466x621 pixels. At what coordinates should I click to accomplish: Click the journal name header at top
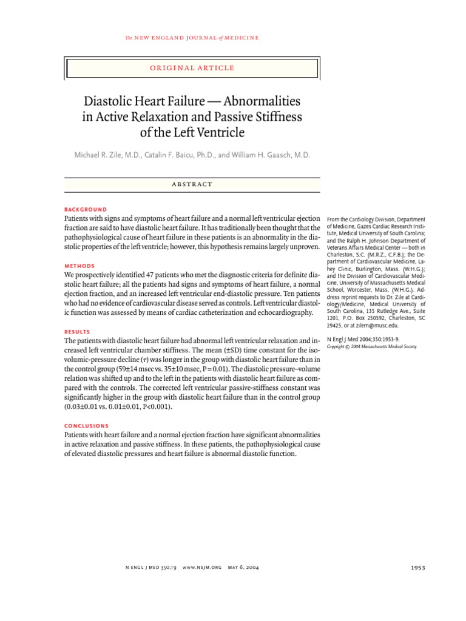[x=192, y=38]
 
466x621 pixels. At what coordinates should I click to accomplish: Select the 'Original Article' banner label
[x=192, y=68]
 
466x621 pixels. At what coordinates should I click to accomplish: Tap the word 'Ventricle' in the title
[x=220, y=131]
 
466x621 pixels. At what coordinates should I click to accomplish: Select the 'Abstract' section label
[x=192, y=184]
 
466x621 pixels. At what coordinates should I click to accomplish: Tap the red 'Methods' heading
[x=79, y=266]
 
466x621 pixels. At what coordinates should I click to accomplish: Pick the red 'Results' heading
[x=78, y=332]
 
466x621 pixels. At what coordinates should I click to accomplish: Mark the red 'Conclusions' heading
[x=87, y=426]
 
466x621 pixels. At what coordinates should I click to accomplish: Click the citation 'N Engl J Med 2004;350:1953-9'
[x=363, y=340]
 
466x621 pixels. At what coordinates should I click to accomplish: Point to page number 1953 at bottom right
[x=417, y=568]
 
